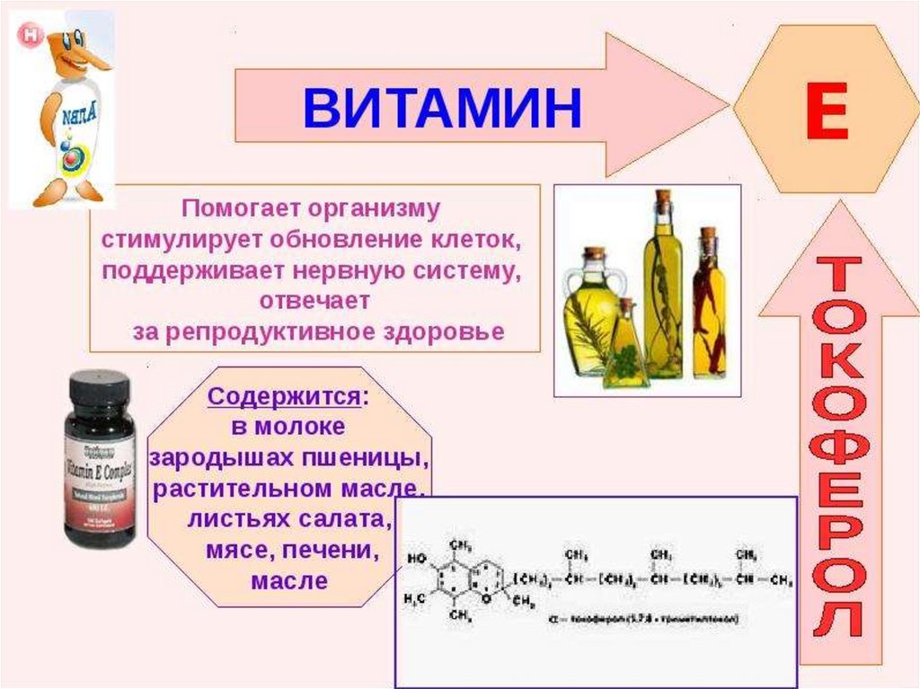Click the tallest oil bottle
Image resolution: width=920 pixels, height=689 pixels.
click(x=663, y=287)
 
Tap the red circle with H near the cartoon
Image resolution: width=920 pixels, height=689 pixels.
click(x=31, y=35)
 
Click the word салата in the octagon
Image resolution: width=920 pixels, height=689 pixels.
click(x=346, y=520)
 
